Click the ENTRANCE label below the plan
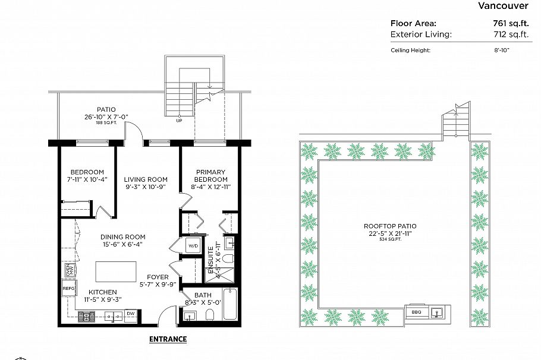pos(168,339)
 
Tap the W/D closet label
pos(193,246)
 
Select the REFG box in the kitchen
pos(68,289)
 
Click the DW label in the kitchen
pos(131,314)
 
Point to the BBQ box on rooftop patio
pos(416,311)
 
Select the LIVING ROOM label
pos(146,179)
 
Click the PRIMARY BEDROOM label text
pos(211,176)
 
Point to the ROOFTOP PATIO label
pos(390,226)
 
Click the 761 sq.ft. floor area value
pos(508,23)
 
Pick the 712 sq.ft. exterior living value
pos(508,34)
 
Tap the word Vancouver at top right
pos(503,6)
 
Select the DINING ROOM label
pos(123,236)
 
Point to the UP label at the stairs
pos(179,121)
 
